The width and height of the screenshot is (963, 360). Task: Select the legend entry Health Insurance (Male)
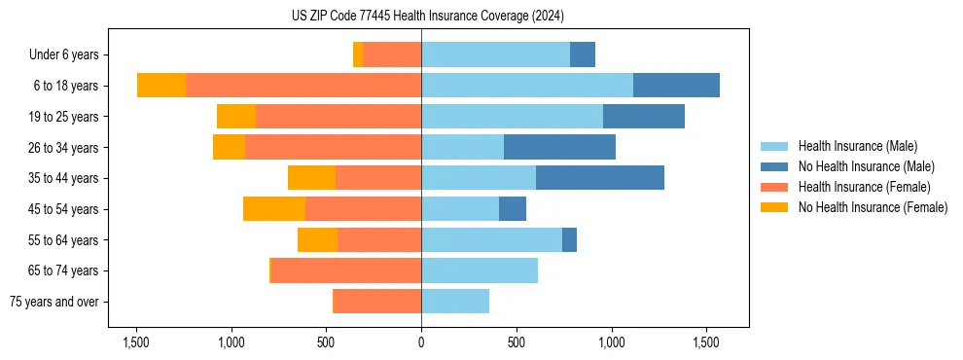[857, 146]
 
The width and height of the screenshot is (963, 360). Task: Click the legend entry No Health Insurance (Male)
[866, 166]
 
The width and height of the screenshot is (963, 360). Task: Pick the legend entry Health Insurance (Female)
[864, 187]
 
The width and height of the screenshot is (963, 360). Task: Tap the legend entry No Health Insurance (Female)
[873, 207]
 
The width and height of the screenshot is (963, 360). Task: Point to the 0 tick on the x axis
[421, 342]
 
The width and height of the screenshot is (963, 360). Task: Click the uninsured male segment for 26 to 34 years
[559, 147]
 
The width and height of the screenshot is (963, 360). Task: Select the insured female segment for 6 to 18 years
[303, 86]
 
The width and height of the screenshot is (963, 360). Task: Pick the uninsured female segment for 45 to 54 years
[274, 209]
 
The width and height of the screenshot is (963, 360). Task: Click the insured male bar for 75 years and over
[455, 302]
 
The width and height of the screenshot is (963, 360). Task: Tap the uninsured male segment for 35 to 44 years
[600, 178]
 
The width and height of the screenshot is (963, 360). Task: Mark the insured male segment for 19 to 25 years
[512, 117]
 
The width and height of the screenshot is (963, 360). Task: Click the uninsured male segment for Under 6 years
[583, 55]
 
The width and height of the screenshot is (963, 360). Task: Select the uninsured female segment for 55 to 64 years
[317, 239]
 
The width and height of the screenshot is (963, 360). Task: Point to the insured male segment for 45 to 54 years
[460, 209]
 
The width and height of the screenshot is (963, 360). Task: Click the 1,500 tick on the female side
[136, 342]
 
